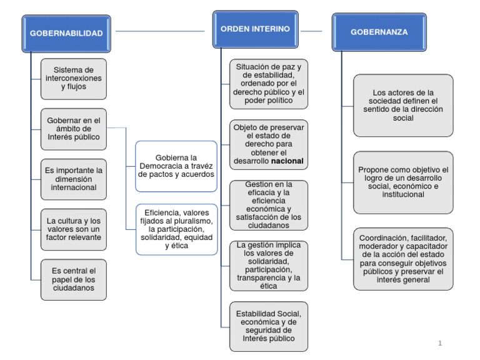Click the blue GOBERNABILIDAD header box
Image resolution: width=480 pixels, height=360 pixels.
(x=66, y=34)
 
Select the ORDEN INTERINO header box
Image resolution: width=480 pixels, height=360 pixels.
(x=255, y=29)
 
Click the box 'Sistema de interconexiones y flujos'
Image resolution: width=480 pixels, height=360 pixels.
(x=74, y=79)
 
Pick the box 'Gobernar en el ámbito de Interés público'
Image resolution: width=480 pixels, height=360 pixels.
(x=74, y=129)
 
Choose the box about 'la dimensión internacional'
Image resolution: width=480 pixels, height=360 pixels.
(x=74, y=179)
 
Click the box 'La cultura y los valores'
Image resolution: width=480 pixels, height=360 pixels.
(x=74, y=229)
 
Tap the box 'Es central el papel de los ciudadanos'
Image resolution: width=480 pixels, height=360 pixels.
(x=74, y=279)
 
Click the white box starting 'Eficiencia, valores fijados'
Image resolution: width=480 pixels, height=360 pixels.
(x=176, y=229)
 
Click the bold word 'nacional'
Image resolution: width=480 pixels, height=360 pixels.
(x=287, y=161)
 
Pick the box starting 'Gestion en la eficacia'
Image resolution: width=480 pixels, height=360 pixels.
(x=268, y=205)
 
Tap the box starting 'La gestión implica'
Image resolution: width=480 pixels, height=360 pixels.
(x=268, y=266)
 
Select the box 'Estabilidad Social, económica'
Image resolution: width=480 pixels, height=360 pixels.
(x=268, y=326)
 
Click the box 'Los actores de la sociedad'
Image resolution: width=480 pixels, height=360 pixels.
(x=402, y=105)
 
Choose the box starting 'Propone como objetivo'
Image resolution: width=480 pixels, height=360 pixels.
(x=402, y=182)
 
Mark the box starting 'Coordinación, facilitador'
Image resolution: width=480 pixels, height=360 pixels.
(x=402, y=259)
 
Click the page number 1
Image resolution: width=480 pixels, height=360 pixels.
(x=440, y=343)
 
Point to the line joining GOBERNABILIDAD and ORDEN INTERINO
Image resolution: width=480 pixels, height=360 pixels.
(x=160, y=31)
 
